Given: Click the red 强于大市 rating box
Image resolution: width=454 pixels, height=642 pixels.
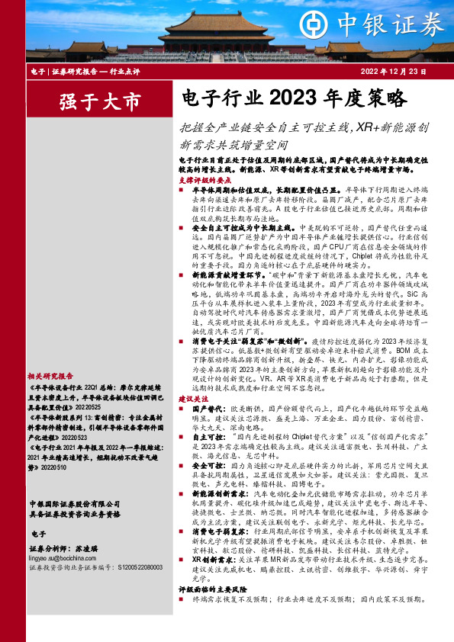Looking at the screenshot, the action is tap(90, 101).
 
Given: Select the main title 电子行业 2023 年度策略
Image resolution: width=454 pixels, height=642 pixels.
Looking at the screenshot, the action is tap(292, 100).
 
